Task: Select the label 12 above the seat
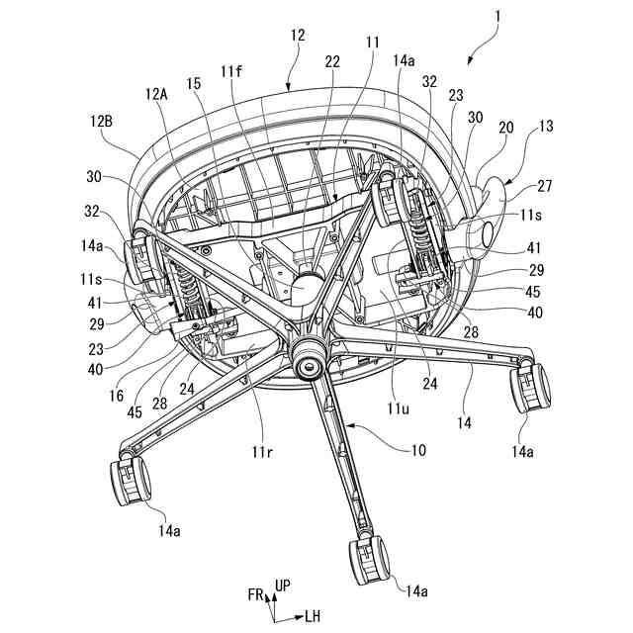click(298, 35)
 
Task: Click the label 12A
click(156, 94)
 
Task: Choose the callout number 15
click(194, 84)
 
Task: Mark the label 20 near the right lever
click(506, 127)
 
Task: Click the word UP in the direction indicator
click(283, 586)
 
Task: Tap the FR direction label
click(256, 594)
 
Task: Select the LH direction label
click(313, 615)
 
